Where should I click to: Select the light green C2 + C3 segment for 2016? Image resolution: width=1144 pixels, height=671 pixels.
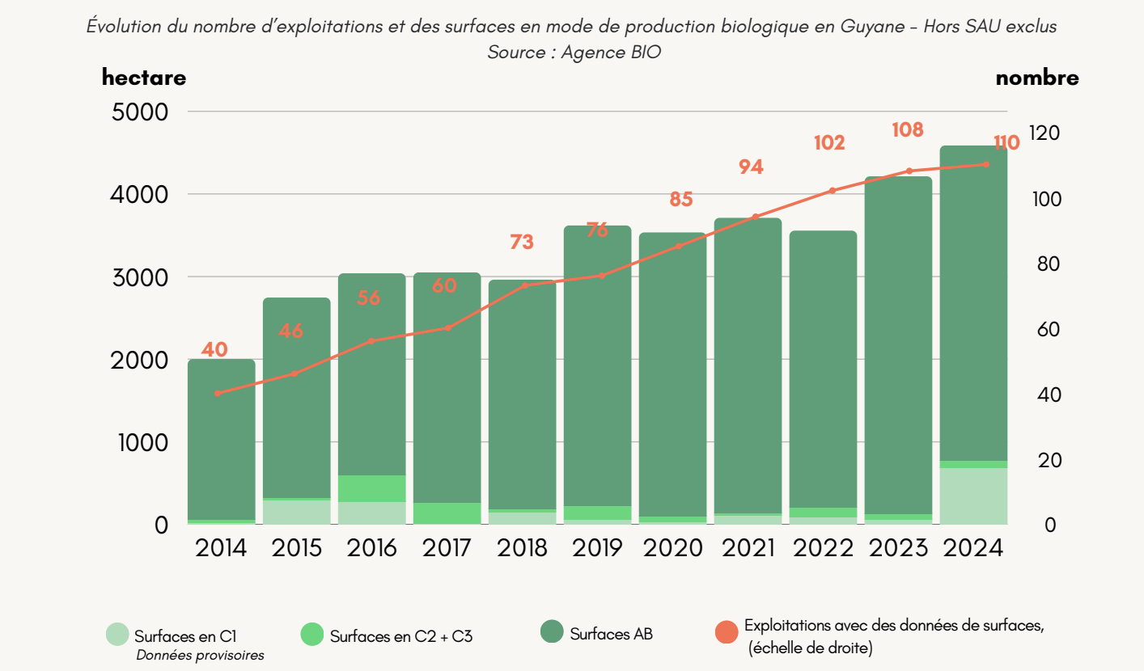point(371,488)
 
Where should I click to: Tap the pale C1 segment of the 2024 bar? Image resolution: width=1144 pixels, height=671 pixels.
point(974,496)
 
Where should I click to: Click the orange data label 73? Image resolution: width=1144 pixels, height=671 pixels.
point(522,242)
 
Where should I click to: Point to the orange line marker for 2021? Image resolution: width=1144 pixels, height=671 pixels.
point(756,217)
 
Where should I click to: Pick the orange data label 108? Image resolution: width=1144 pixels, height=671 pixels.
point(908,129)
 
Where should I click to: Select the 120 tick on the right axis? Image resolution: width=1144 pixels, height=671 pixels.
point(1044,133)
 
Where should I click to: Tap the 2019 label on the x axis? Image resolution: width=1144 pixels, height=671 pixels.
point(598,548)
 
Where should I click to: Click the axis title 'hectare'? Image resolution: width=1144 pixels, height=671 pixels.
point(144,78)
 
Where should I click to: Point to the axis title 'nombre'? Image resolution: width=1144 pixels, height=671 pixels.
point(1037,78)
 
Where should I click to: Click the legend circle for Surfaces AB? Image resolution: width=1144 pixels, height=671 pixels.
point(552,632)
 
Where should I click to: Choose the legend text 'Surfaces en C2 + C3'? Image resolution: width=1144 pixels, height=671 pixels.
point(401,636)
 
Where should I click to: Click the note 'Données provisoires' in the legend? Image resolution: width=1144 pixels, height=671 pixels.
point(200,655)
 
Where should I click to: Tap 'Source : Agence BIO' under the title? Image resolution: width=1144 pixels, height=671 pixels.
point(571,52)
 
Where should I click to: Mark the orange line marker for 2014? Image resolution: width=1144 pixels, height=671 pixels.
point(218,393)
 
